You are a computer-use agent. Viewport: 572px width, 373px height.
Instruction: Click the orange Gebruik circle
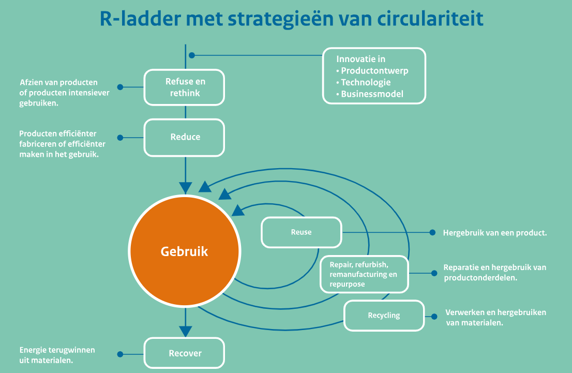[185, 252]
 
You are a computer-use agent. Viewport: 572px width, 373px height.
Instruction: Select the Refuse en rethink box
[184, 87]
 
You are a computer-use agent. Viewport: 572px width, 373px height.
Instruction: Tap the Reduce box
[184, 138]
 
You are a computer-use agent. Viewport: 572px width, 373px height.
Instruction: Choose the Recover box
[184, 354]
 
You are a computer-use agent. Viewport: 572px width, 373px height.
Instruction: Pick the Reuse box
[302, 232]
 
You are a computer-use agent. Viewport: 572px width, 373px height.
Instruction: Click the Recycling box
[384, 316]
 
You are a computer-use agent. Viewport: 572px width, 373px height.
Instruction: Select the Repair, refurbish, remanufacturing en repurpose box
[364, 274]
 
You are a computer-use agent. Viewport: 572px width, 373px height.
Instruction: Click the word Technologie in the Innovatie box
[366, 82]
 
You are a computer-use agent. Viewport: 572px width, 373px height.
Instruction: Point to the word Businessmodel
[372, 94]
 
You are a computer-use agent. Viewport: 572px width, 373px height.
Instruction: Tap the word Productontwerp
[374, 71]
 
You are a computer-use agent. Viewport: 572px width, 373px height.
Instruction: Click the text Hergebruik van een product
[494, 233]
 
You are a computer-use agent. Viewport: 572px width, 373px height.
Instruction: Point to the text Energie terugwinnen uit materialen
[57, 355]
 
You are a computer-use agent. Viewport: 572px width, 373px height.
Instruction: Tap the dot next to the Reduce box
[120, 138]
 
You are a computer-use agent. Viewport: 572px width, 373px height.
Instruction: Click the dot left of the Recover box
[120, 355]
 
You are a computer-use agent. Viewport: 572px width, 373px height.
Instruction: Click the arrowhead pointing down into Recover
[185, 331]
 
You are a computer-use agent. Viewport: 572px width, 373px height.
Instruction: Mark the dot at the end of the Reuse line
[433, 233]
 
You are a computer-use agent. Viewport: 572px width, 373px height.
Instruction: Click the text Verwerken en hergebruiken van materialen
[495, 318]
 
